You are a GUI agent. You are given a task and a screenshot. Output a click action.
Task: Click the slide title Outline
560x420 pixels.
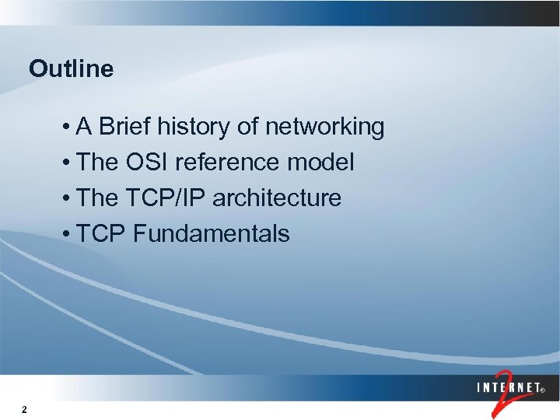[x=71, y=69]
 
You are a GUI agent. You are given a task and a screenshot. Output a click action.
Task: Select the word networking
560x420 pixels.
[x=325, y=127]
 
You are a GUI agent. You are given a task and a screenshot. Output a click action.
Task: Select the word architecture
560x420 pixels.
[x=277, y=198]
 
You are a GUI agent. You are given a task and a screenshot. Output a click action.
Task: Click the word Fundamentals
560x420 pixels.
[x=212, y=234]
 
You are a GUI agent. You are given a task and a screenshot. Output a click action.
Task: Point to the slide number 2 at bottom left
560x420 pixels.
[x=26, y=410]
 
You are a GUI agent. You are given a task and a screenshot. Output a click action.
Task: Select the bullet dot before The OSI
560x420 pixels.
[x=69, y=163]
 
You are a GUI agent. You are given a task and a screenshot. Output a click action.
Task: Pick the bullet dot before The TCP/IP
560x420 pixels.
[x=69, y=199]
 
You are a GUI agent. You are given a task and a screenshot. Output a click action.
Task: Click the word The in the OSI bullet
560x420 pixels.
[x=98, y=163]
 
